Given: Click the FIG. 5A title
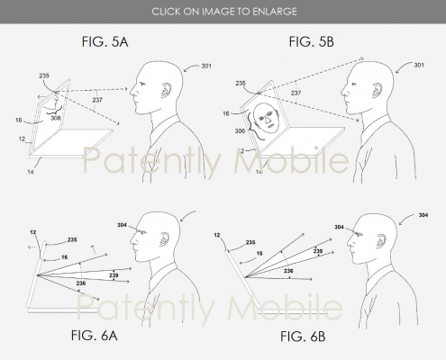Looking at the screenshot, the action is [x=105, y=41].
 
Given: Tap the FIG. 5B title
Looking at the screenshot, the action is [x=312, y=41].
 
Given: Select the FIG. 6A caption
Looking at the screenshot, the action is [x=94, y=336].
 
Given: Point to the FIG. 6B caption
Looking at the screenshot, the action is [x=303, y=337].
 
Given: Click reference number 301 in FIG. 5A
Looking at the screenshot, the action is [x=206, y=66].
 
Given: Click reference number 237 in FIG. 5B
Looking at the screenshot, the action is [x=296, y=93].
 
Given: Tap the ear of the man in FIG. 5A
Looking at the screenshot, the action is [x=166, y=90].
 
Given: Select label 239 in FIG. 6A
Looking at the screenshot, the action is [x=114, y=275].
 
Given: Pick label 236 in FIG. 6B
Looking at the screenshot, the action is [x=288, y=271].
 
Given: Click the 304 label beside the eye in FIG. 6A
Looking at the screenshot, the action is [x=122, y=225].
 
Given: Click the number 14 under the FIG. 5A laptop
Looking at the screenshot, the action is [x=31, y=172].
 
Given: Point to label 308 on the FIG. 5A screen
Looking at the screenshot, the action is [x=56, y=118].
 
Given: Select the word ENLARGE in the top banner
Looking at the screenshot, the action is [x=275, y=12].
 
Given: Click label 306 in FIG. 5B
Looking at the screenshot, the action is [x=240, y=130].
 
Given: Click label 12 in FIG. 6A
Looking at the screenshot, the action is [x=33, y=232].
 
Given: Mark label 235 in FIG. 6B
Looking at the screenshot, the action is [x=250, y=242].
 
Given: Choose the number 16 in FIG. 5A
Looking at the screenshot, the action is [x=19, y=120].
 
